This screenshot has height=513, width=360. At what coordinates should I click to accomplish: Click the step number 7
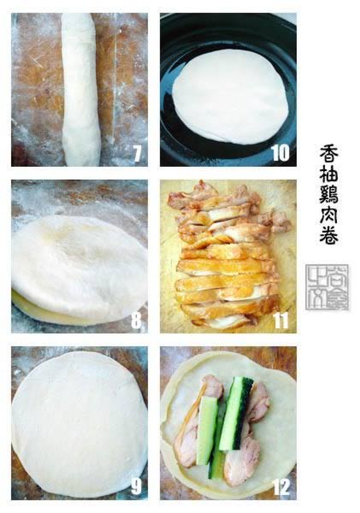(138, 155)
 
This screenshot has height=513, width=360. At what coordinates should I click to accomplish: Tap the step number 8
(138, 322)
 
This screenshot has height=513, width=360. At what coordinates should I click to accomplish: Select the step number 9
(136, 487)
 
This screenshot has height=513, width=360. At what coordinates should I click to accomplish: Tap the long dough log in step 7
(80, 90)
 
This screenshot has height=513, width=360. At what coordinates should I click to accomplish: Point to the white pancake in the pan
(229, 94)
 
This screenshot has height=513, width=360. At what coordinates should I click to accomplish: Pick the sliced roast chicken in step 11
(227, 256)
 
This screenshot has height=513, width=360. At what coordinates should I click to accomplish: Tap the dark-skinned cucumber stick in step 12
(233, 415)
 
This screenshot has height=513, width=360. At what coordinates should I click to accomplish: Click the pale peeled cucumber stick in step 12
(207, 431)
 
